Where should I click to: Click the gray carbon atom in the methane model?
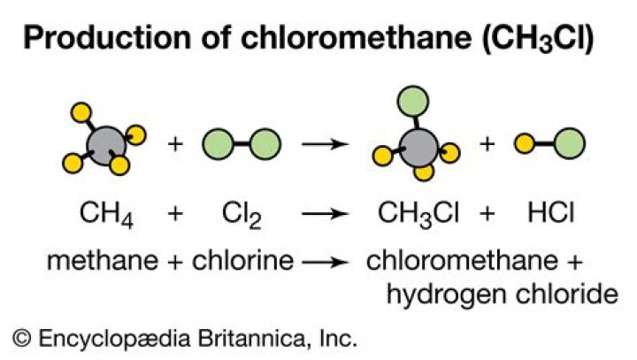pos(106,146)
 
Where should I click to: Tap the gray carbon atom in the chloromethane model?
pos(418,148)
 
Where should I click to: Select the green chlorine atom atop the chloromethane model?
pos(413,101)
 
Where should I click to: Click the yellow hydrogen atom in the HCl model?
pos(525,144)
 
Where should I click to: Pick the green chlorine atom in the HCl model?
pos(570,144)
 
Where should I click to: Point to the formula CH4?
pos(106,215)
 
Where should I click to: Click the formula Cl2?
pos(242,215)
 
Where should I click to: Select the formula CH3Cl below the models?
pos(418,215)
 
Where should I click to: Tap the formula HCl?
pos(551,212)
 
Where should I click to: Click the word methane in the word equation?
pos(103,260)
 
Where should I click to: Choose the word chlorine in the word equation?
pos(242,260)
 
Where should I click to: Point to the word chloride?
pos(567,294)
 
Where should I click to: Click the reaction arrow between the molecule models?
pos(325,144)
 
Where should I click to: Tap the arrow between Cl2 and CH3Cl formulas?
pos(325,213)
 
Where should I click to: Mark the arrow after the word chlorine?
pos(325,262)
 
